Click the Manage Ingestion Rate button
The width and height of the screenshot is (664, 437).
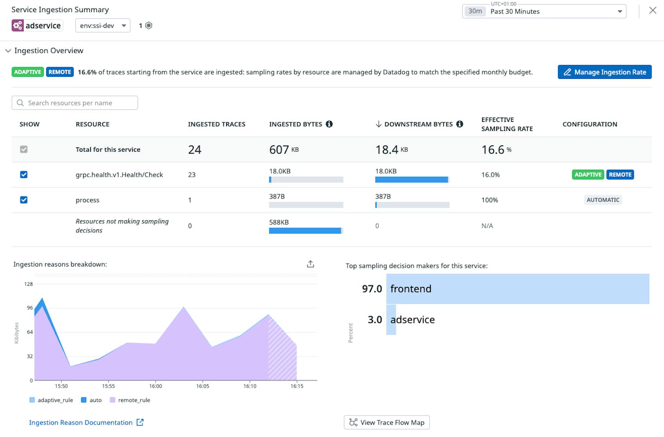[x=604, y=72]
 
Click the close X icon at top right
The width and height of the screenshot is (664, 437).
[x=653, y=11]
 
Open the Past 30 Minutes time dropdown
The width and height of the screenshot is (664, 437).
[x=544, y=11]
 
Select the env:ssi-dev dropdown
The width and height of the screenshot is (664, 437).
[x=103, y=25]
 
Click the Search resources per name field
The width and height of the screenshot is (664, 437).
[x=75, y=103]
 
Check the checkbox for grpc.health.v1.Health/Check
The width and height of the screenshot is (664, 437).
[x=24, y=174]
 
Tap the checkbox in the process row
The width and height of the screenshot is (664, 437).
[x=24, y=200]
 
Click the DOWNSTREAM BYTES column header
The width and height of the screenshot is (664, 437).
[x=418, y=124]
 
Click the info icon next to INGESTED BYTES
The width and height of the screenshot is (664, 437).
[x=329, y=124]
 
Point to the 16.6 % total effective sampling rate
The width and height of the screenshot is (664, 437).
[x=496, y=149]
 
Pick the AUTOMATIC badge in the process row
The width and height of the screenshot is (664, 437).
[x=603, y=200]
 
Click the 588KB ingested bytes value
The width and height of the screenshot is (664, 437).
[x=279, y=222]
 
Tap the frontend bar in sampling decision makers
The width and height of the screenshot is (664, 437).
[x=517, y=289]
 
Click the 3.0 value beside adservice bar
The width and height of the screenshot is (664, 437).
[x=374, y=319]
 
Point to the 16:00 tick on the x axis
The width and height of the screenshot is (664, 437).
[x=156, y=386]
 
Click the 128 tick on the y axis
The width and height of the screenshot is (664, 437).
[x=29, y=284]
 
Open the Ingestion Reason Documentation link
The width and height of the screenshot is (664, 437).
[x=81, y=422]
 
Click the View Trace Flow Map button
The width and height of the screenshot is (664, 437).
[x=386, y=422]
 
